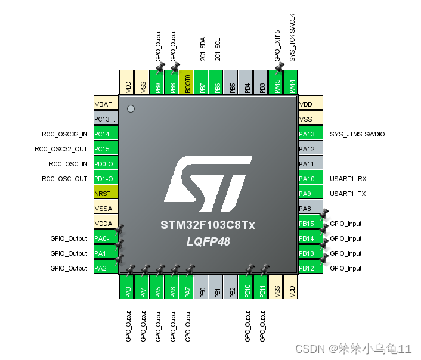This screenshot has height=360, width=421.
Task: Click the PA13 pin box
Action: click(310, 134)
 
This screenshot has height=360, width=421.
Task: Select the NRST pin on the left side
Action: click(106, 194)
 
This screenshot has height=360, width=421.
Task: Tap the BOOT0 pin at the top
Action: click(188, 82)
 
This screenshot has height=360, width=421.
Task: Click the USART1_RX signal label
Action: click(348, 179)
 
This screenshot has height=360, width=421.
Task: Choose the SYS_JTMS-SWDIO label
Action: click(357, 134)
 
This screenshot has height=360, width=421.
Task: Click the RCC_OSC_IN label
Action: click(68, 164)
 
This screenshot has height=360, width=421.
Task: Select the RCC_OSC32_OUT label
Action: click(61, 149)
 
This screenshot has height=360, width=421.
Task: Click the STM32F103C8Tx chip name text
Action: click(208, 225)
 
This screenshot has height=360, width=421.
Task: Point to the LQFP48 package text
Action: click(208, 241)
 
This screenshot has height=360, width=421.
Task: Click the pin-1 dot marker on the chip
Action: click(131, 108)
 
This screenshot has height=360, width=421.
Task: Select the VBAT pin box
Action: click(106, 104)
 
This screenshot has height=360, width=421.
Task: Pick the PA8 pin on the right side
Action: click(310, 209)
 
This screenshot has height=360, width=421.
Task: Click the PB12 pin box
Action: click(310, 268)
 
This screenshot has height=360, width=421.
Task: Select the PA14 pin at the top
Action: click(292, 82)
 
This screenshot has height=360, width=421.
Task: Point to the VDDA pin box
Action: click(106, 224)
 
